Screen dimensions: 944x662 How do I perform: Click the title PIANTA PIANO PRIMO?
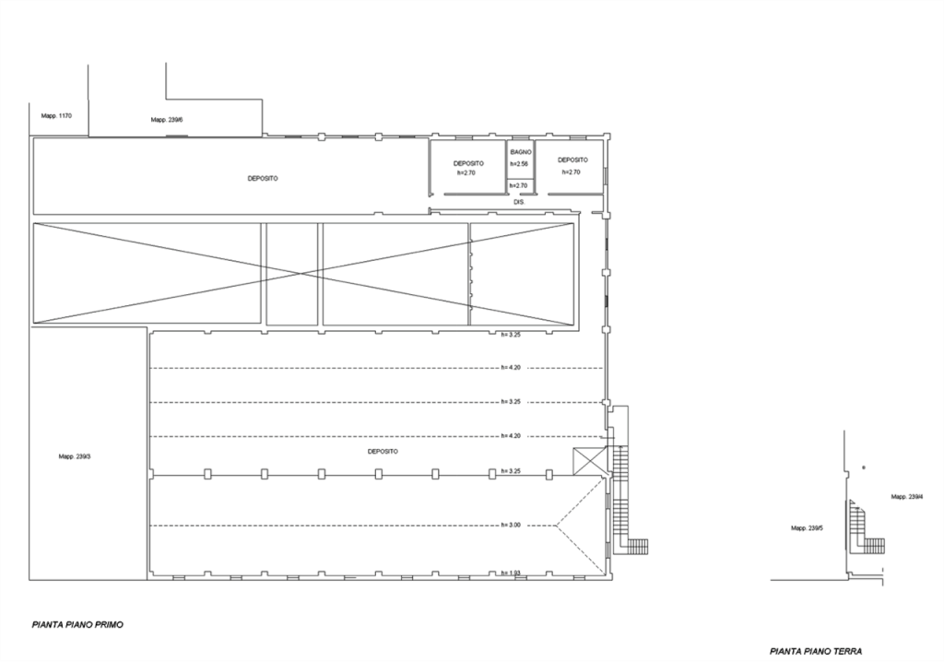(77, 625)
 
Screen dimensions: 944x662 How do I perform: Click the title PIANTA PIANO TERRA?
(816, 651)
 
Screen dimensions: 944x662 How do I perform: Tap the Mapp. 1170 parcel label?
(56, 115)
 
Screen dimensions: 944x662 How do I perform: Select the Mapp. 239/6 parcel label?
(167, 120)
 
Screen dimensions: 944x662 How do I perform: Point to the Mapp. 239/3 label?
(75, 456)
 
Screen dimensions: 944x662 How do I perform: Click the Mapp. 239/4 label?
(907, 497)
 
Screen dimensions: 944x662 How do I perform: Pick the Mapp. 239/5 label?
(808, 528)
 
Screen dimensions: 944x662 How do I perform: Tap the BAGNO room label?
(521, 152)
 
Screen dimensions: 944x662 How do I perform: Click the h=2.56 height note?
(519, 164)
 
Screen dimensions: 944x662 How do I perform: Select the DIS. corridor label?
(520, 203)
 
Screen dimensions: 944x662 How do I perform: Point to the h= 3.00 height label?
(511, 526)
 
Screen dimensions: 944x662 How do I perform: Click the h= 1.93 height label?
(511, 573)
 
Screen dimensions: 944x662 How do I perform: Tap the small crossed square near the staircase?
(588, 461)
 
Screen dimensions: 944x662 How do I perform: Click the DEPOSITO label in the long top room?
(263, 179)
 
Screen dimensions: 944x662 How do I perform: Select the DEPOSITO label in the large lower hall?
(383, 451)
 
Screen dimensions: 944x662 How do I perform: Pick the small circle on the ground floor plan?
(864, 467)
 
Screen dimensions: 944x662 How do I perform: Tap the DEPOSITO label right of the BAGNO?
(573, 160)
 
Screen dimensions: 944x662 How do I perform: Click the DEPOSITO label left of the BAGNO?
(468, 164)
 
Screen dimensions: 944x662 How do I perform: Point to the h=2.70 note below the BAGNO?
(518, 185)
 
